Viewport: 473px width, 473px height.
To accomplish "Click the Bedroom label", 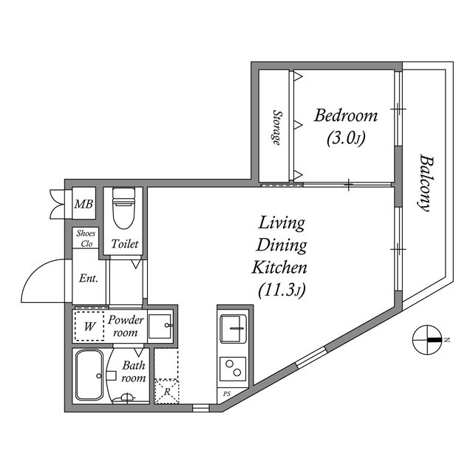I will (x=346, y=115).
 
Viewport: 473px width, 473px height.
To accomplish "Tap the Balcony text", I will (x=424, y=183).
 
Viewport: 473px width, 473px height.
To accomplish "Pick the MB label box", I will (x=83, y=204).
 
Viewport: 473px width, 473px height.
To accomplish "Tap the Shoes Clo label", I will (x=86, y=238).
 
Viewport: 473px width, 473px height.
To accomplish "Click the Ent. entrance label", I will (x=89, y=279).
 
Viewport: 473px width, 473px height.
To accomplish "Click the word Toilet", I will (x=124, y=244).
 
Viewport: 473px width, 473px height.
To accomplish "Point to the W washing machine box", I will (x=89, y=325).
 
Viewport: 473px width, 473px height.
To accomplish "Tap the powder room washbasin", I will (x=160, y=325).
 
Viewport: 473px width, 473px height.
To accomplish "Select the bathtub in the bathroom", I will (x=90, y=375).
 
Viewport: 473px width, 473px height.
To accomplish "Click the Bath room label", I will (x=134, y=372).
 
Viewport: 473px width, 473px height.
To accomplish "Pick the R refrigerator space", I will (x=167, y=390).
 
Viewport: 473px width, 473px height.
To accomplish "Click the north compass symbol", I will (x=428, y=339).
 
